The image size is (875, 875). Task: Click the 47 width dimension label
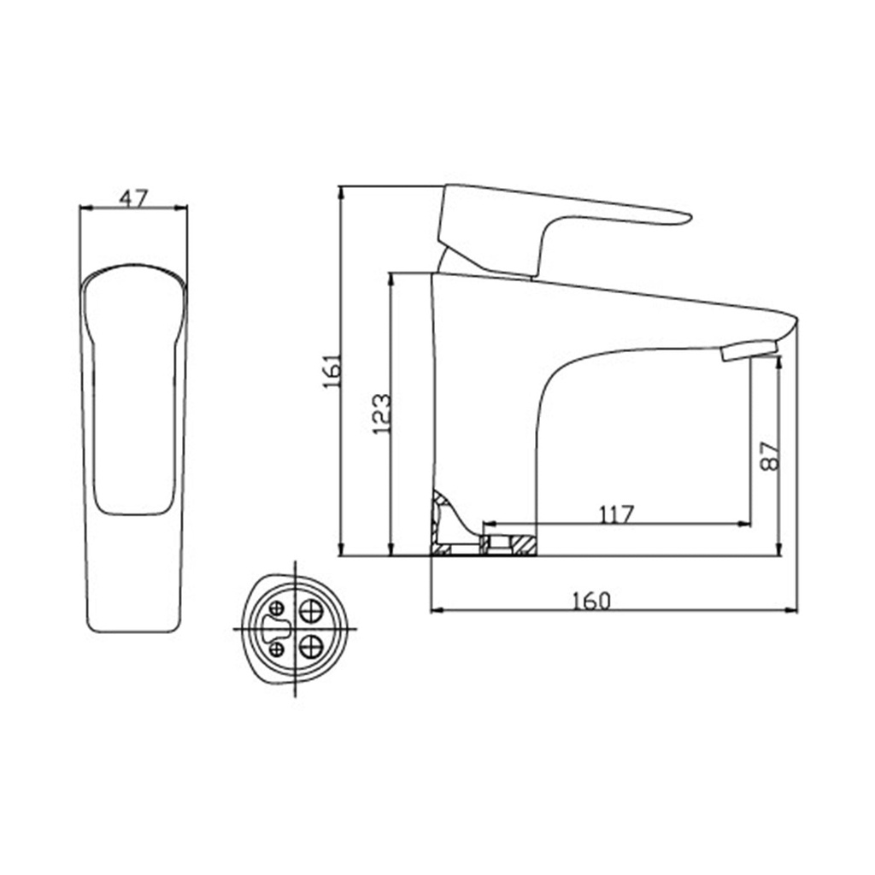click(134, 197)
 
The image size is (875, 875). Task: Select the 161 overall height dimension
click(332, 371)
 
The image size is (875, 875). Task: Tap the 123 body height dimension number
click(382, 414)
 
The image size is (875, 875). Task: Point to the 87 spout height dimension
click(770, 456)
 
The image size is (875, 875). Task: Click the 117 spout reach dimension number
click(617, 514)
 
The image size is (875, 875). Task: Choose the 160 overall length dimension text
click(592, 601)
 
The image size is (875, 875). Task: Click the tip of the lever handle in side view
click(690, 218)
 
